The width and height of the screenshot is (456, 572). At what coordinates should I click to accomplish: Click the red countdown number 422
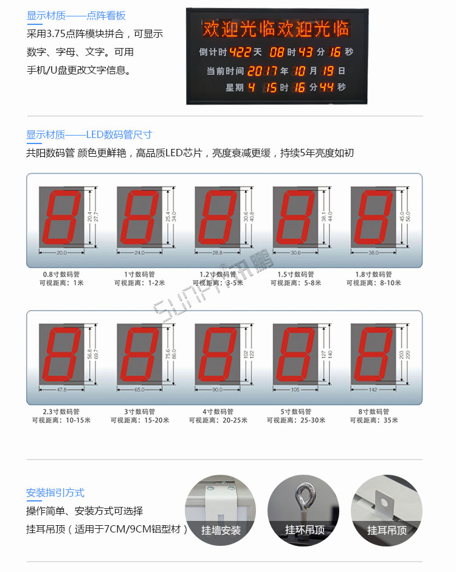click(x=240, y=52)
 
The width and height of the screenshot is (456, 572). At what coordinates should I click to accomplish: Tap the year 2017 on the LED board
click(x=263, y=71)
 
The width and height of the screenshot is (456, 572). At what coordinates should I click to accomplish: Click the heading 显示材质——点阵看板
click(x=76, y=16)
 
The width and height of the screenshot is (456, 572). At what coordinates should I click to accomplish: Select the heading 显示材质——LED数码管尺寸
click(x=89, y=135)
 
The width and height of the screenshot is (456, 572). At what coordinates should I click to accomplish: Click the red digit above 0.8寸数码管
click(x=60, y=216)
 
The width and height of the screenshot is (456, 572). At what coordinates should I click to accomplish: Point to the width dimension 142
click(x=373, y=390)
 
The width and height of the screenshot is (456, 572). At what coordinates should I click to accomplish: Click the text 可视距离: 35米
click(x=374, y=420)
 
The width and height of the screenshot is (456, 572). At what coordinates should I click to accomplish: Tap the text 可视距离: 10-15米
click(x=61, y=420)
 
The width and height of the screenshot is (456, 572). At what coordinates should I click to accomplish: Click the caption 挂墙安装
click(x=221, y=531)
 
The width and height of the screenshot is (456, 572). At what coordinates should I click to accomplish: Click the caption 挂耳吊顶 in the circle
click(x=387, y=531)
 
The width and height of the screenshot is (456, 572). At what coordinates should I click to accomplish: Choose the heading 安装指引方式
click(x=55, y=493)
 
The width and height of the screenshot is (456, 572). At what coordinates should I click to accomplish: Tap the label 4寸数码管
click(x=218, y=412)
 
